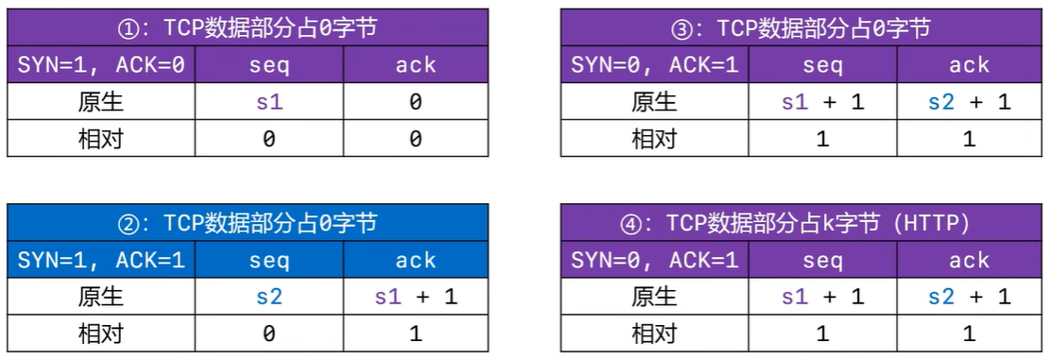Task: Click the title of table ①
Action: click(x=247, y=28)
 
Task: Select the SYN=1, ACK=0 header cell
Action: click(x=101, y=65)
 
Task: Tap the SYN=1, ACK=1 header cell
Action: click(x=101, y=261)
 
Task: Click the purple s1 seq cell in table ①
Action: click(x=269, y=102)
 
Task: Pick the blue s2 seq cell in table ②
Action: click(x=269, y=297)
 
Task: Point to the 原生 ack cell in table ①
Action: click(x=415, y=102)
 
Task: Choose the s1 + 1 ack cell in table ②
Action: click(x=415, y=297)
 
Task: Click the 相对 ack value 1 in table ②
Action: click(x=415, y=334)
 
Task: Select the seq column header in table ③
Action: click(x=822, y=65)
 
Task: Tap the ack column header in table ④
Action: click(x=969, y=261)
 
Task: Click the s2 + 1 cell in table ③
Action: click(x=969, y=102)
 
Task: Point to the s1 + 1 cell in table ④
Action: click(x=822, y=297)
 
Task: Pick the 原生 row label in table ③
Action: click(x=654, y=102)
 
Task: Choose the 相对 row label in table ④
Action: click(x=654, y=334)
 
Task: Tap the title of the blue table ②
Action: click(x=247, y=224)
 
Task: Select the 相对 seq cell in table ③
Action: click(x=822, y=139)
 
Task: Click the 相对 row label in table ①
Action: click(x=101, y=139)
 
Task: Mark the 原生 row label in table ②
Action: click(x=101, y=297)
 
